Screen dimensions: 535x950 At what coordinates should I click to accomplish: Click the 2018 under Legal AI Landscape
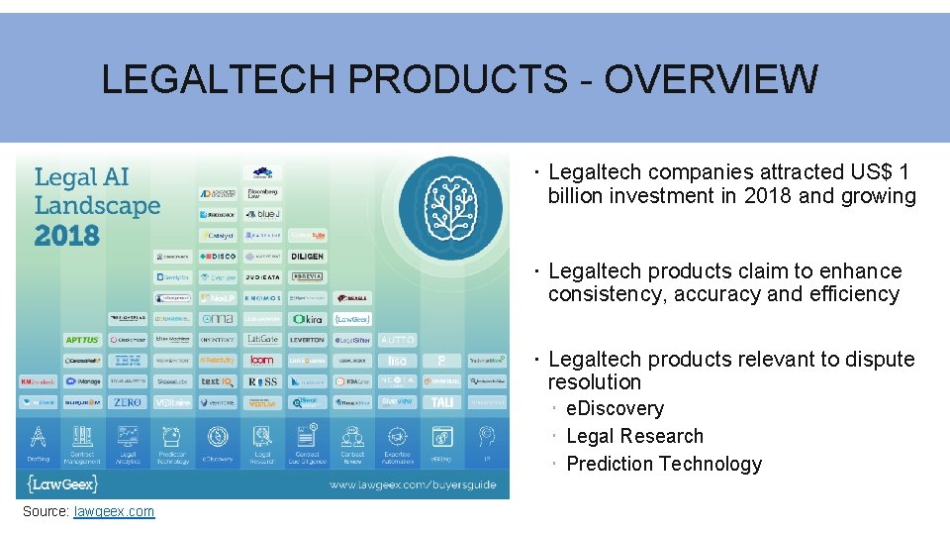tap(66, 236)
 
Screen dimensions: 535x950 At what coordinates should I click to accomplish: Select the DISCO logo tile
tap(218, 257)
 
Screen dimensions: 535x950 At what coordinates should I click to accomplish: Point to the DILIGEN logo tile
tap(307, 257)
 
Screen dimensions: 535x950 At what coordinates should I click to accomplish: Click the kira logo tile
tap(307, 319)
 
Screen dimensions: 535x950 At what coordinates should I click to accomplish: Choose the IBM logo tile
tap(128, 361)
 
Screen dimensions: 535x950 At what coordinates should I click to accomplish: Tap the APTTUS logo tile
tap(82, 340)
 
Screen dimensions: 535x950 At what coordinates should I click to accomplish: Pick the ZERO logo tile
tap(128, 402)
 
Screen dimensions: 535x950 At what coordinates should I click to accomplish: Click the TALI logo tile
tap(441, 402)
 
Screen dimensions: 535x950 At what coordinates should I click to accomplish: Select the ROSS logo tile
tap(262, 381)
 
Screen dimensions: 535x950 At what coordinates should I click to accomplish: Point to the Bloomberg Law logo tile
tap(262, 193)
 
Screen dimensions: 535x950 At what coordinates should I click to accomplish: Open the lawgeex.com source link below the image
tap(114, 511)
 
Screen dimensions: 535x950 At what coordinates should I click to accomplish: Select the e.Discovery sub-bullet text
tap(615, 409)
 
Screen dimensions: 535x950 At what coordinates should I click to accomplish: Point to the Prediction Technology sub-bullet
tap(663, 464)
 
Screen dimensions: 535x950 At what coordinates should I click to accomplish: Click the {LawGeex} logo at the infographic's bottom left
tap(62, 483)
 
